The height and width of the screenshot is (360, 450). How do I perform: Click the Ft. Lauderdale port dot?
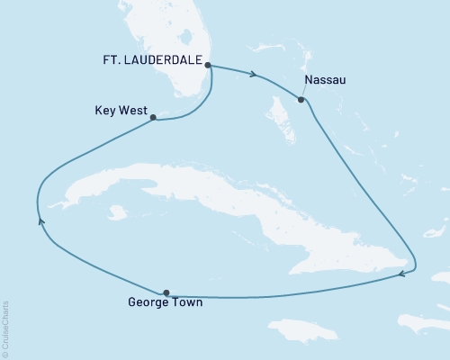click(x=208, y=66)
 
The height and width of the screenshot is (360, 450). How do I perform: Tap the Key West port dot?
click(x=154, y=117)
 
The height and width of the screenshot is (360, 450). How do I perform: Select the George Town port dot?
click(x=166, y=292)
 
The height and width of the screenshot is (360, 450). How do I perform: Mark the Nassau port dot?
click(x=301, y=100)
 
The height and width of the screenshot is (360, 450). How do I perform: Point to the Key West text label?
click(x=121, y=112)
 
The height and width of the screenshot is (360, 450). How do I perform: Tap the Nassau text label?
click(x=325, y=80)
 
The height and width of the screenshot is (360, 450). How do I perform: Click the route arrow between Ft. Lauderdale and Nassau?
click(x=256, y=76)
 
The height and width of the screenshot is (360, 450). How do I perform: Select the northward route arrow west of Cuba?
click(x=40, y=219)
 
